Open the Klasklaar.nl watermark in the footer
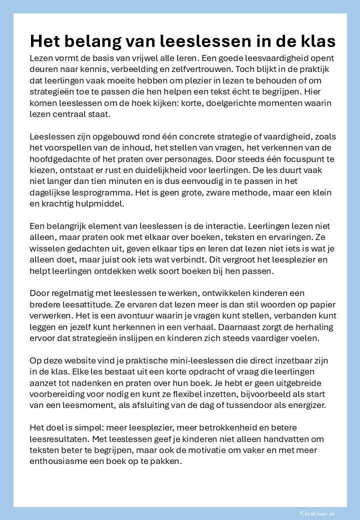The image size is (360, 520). tap(317, 513)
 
